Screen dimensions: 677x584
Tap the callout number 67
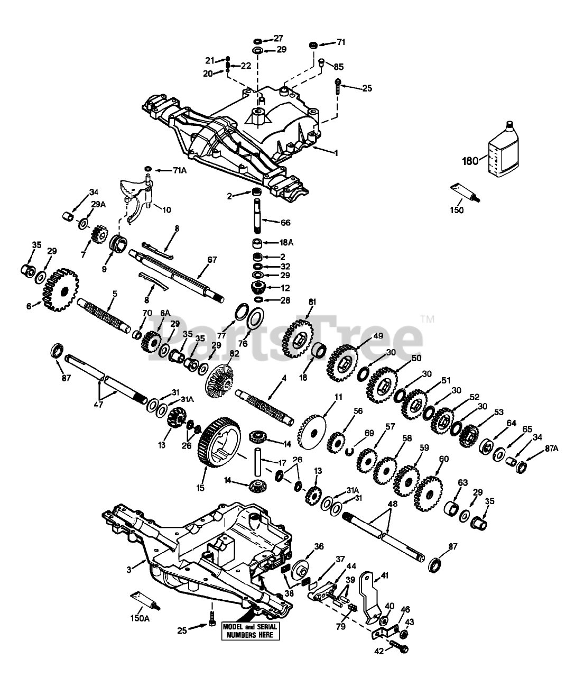click(212, 260)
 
